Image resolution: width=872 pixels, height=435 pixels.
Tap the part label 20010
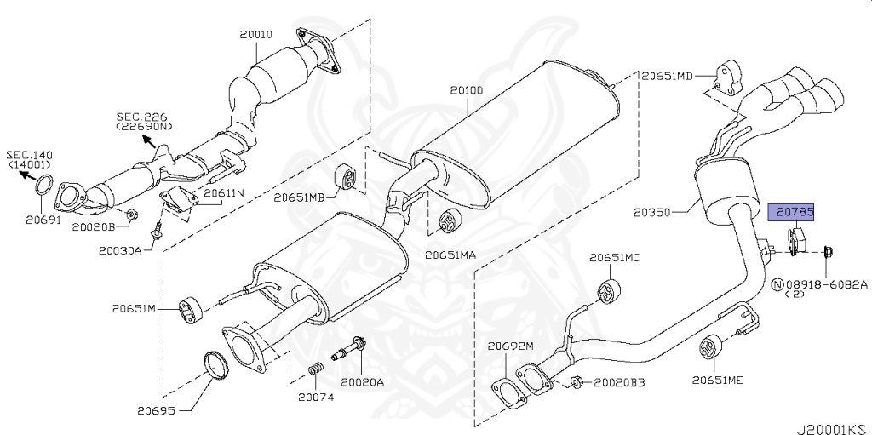tap(255, 35)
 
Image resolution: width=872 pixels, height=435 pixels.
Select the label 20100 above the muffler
tap(467, 89)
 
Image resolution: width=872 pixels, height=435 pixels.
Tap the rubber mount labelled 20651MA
tap(446, 223)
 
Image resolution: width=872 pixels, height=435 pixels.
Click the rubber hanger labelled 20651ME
tap(709, 349)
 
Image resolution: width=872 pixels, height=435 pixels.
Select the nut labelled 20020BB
tap(577, 381)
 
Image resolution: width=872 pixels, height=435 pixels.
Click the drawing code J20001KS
tap(832, 421)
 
